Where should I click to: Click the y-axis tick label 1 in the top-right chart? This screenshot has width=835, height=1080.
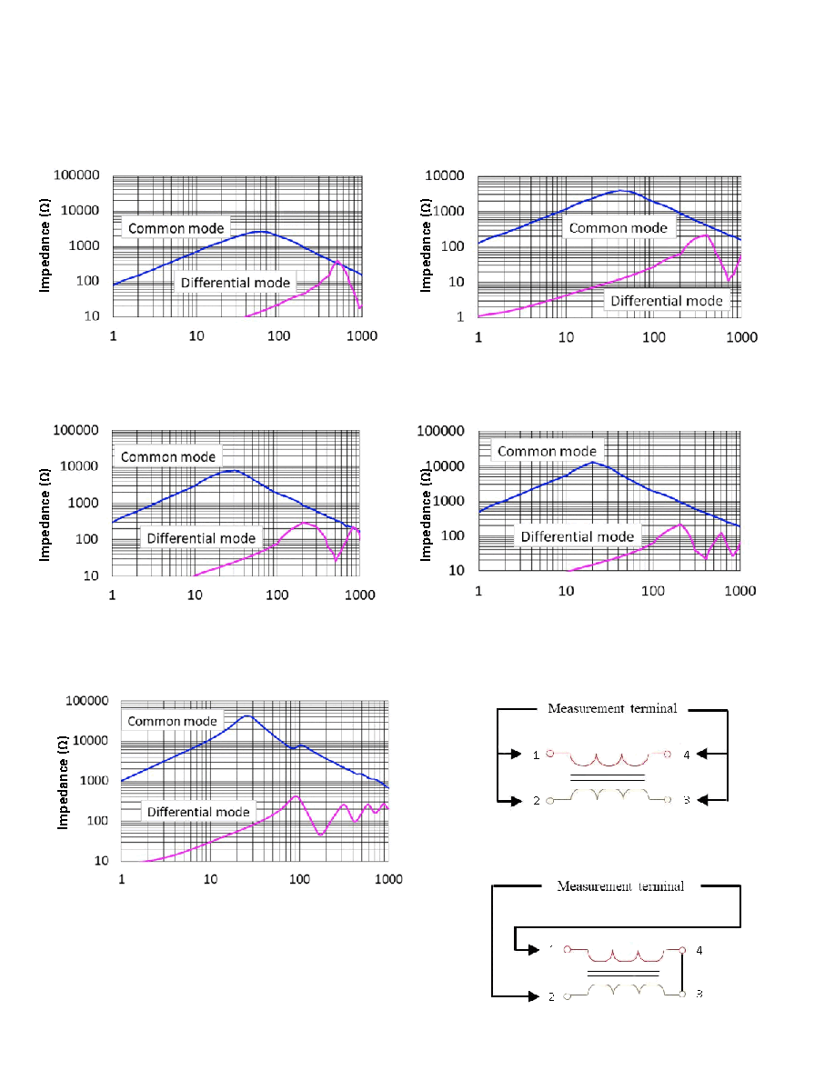pyautogui.click(x=460, y=317)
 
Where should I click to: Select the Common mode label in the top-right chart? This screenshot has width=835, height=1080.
pyautogui.click(x=618, y=228)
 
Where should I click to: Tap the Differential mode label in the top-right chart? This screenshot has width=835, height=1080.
pyautogui.click(x=667, y=301)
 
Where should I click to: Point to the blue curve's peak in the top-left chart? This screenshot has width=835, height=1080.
pyautogui.click(x=258, y=232)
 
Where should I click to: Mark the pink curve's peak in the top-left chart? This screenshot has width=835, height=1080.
pyautogui.click(x=337, y=262)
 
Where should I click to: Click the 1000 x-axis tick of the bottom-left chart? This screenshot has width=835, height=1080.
pyautogui.click(x=388, y=879)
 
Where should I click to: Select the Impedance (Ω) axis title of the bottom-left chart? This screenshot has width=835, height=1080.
pyautogui.click(x=63, y=782)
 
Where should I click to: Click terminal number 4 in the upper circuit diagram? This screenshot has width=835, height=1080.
pyautogui.click(x=686, y=755)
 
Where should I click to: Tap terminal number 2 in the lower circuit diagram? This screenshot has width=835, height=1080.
pyautogui.click(x=551, y=996)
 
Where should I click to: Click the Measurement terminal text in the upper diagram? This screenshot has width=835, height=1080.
pyautogui.click(x=612, y=708)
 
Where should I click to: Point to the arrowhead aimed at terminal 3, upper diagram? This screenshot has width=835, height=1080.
pyautogui.click(x=703, y=800)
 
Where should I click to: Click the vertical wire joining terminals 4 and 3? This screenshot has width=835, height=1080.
pyautogui.click(x=682, y=972)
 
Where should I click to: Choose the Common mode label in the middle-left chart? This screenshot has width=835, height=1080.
pyautogui.click(x=168, y=456)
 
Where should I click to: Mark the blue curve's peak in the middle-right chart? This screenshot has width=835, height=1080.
pyautogui.click(x=592, y=463)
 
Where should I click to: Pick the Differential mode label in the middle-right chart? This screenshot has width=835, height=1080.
pyautogui.click(x=578, y=536)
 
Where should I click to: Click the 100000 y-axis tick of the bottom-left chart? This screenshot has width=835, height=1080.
pyautogui.click(x=86, y=701)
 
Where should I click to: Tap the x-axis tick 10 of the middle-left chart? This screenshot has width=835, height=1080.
pyautogui.click(x=195, y=595)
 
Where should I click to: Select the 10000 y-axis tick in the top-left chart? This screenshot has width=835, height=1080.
pyautogui.click(x=80, y=210)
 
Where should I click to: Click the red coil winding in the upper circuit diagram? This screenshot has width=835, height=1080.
pyautogui.click(x=609, y=758)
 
